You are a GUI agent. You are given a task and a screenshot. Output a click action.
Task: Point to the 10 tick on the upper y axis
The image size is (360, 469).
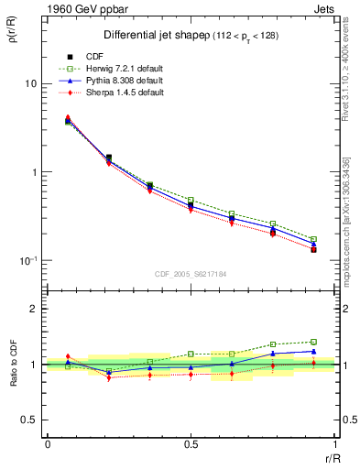[x=30, y=83]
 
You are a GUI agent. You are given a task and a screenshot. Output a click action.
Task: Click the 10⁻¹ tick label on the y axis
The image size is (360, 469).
[x=28, y=261]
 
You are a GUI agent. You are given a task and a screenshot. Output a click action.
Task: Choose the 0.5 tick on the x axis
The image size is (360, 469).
[x=191, y=445]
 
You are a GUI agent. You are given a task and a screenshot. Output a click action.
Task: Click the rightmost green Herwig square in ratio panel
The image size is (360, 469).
[x=314, y=342]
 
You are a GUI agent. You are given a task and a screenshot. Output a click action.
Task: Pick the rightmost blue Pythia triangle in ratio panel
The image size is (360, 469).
[x=314, y=351]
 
